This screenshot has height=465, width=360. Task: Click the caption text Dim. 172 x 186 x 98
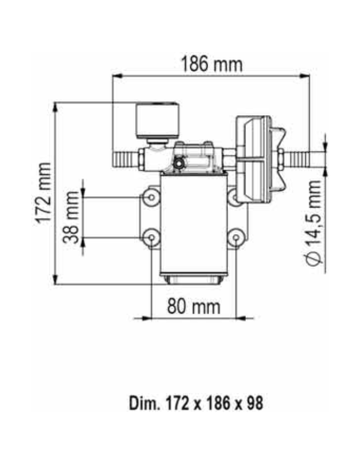click(196, 402)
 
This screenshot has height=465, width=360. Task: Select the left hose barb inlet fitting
click(125, 153)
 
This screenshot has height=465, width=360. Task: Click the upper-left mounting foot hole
click(150, 198)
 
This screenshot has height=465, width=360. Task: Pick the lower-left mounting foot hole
click(150, 235)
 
